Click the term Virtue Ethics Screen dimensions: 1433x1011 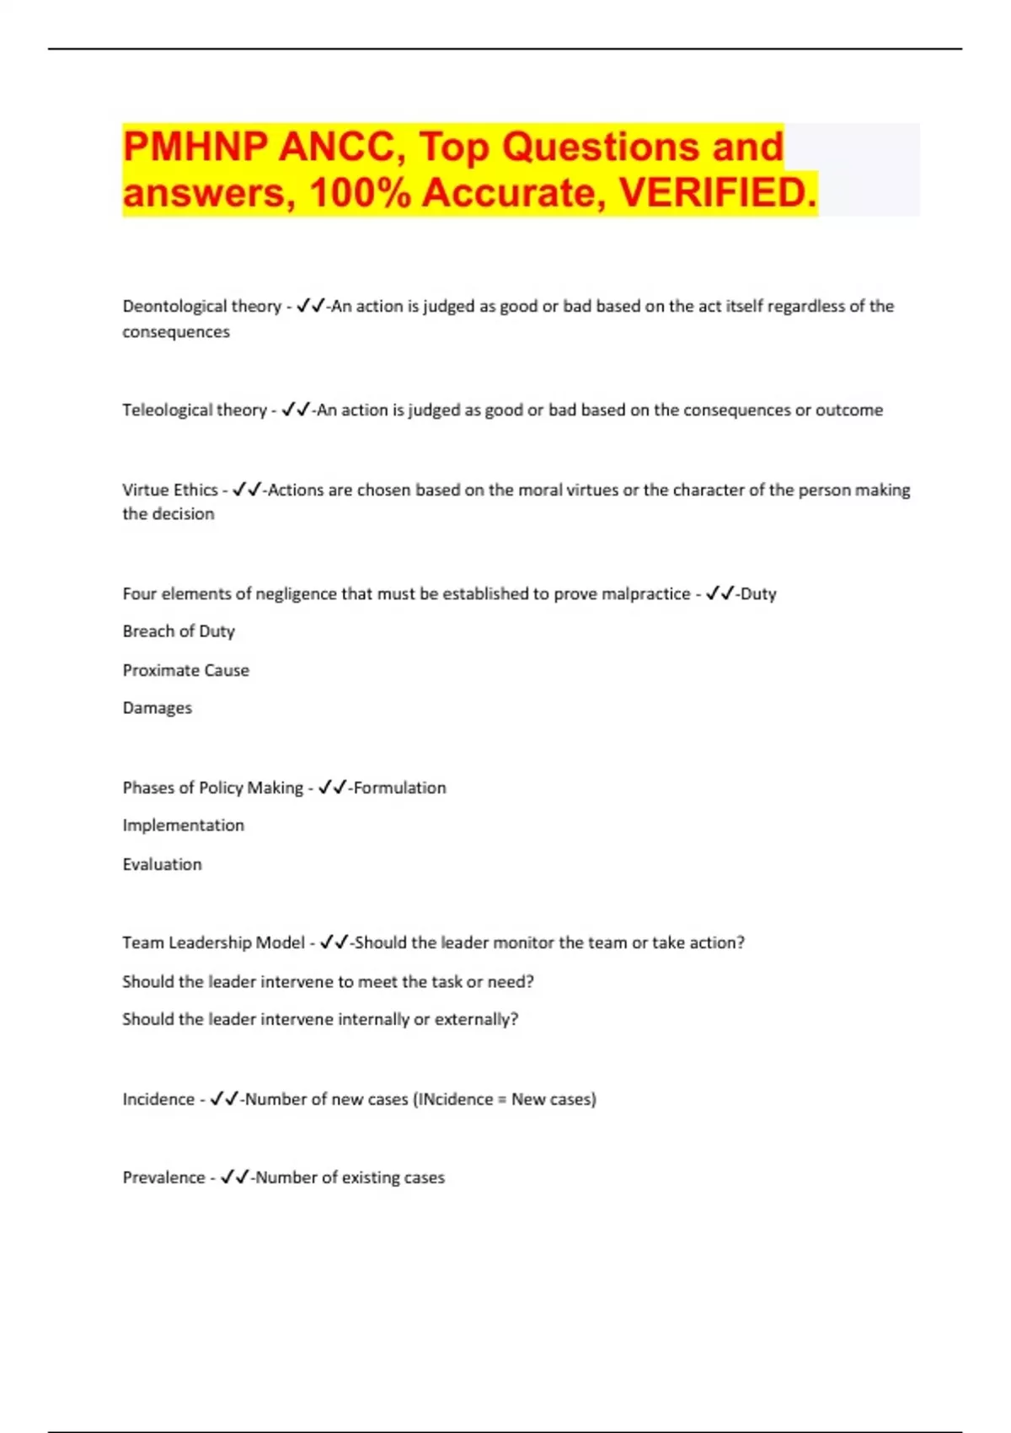[170, 490]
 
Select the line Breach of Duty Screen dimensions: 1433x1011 [179, 631]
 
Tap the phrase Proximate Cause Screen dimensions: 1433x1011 [185, 670]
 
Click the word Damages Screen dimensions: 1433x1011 [158, 708]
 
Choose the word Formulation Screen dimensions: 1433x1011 [400, 787]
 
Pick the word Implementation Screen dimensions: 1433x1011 [183, 825]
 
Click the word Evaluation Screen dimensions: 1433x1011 [162, 864]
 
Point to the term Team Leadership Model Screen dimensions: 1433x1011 [213, 942]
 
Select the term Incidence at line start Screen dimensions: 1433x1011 [158, 1099]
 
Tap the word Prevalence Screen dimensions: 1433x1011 [163, 1178]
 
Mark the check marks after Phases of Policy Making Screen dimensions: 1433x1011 [333, 787]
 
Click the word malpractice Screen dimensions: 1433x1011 [645, 593]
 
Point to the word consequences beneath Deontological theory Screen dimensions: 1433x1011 [176, 332]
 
